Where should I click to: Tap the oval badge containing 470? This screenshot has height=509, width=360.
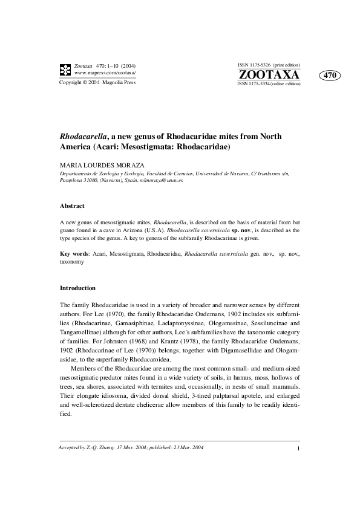coord(330,76)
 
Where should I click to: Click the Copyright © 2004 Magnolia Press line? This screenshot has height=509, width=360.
coord(97,82)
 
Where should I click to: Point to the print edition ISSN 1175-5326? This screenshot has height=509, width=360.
coord(269,64)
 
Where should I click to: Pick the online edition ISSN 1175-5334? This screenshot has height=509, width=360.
coord(269,85)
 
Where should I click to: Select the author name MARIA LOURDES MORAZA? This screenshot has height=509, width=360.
coord(105,164)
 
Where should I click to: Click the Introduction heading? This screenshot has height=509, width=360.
coord(77,288)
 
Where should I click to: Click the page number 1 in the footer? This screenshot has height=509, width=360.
coord(299,448)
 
